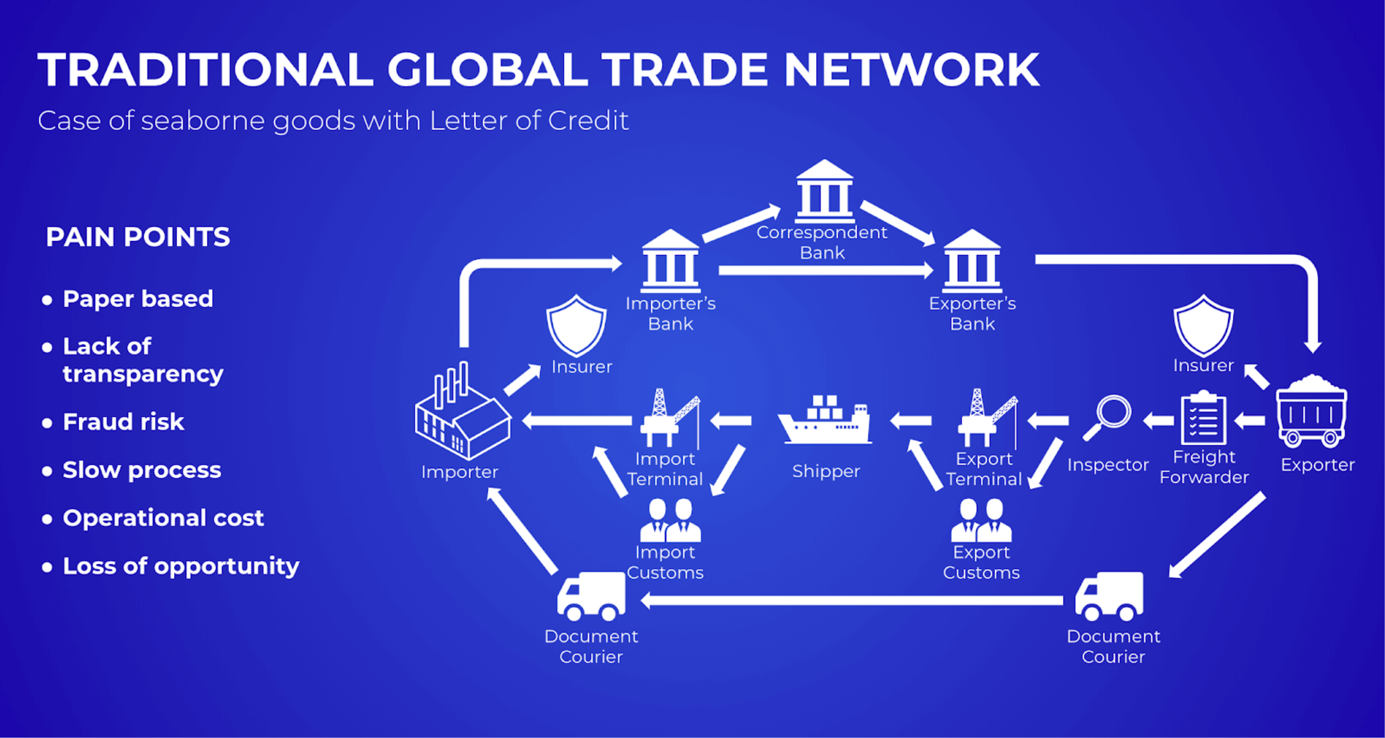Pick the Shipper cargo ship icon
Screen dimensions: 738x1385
point(825,421)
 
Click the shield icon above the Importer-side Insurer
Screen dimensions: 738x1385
point(576,325)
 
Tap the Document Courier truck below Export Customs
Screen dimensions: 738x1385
point(1110,596)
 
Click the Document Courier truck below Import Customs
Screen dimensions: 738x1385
point(591,596)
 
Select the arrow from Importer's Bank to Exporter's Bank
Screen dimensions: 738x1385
point(826,270)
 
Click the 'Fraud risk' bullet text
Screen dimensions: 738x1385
point(124,422)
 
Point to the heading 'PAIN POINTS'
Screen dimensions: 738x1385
point(138,237)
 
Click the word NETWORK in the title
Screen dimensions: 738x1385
point(911,70)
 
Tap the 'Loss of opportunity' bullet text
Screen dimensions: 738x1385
point(181,566)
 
